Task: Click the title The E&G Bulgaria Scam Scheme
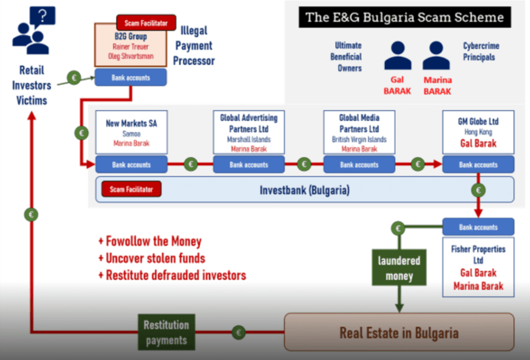(x=405, y=17)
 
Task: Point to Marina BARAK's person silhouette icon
(x=436, y=55)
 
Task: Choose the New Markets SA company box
(x=131, y=132)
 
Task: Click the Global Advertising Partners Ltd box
(x=249, y=132)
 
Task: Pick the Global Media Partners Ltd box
(x=359, y=132)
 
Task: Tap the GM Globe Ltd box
(x=478, y=132)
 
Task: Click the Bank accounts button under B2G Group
(x=131, y=78)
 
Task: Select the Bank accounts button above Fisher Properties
(x=478, y=227)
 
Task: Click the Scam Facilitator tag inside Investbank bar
(x=131, y=189)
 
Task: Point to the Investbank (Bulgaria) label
(x=304, y=190)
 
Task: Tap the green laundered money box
(x=399, y=268)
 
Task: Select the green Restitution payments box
(x=166, y=332)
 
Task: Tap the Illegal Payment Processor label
(x=194, y=47)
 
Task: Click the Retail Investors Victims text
(x=32, y=85)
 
